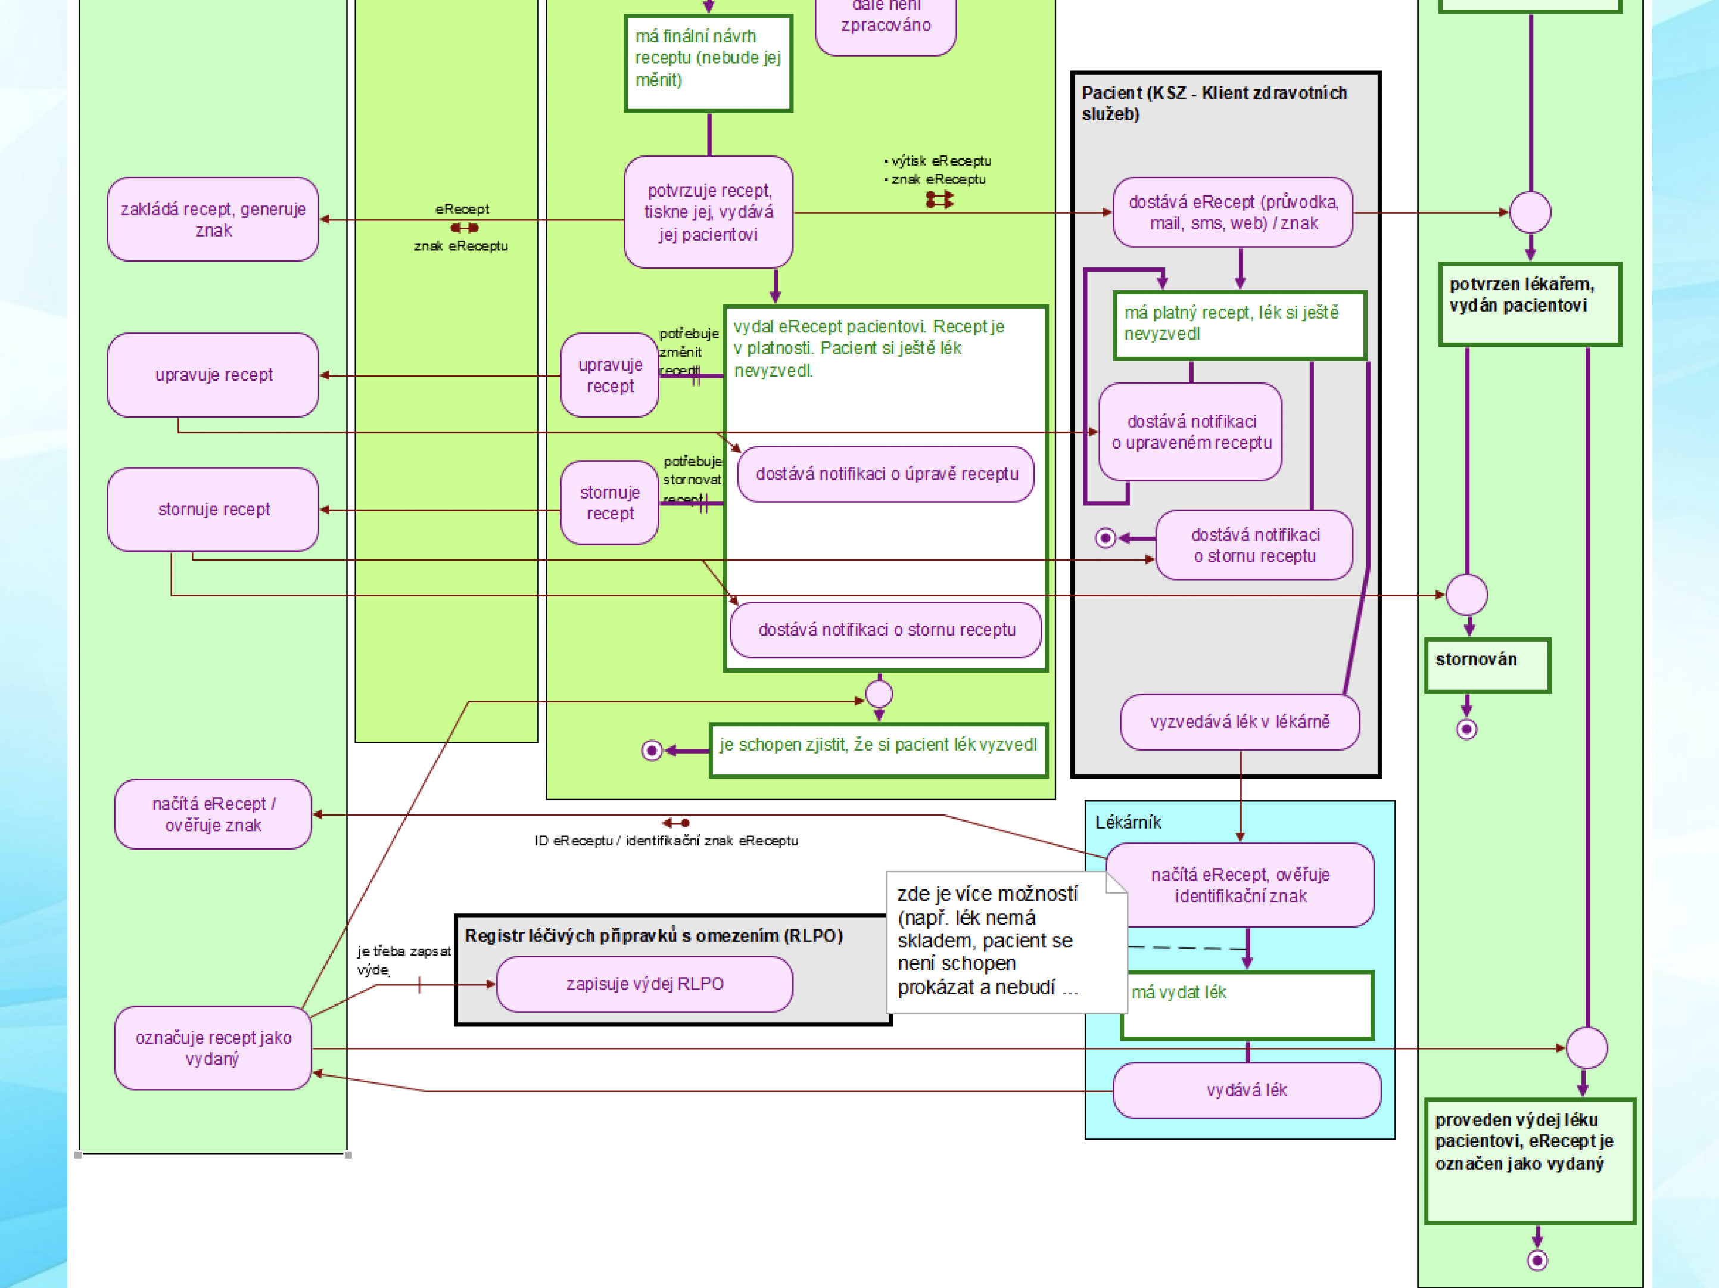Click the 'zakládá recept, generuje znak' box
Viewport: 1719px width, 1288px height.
pyautogui.click(x=213, y=219)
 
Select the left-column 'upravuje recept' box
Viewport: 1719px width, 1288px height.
pyautogui.click(x=213, y=375)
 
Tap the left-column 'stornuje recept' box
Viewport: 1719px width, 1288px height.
pyautogui.click(x=213, y=509)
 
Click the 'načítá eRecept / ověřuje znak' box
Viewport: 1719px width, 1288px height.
pyautogui.click(x=213, y=814)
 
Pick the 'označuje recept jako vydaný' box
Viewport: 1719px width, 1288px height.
pyautogui.click(x=213, y=1048)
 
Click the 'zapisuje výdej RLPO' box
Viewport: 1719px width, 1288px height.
pyautogui.click(x=644, y=984)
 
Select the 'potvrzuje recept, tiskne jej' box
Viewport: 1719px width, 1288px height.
pyautogui.click(x=708, y=212)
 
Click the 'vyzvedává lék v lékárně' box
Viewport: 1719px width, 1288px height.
pyautogui.click(x=1240, y=722)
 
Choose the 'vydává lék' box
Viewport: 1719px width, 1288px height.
pyautogui.click(x=1247, y=1090)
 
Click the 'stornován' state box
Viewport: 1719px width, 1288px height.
pyautogui.click(x=1487, y=665)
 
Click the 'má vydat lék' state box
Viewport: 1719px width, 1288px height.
pyautogui.click(x=1247, y=1004)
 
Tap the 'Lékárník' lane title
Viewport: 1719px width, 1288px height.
pyautogui.click(x=1128, y=822)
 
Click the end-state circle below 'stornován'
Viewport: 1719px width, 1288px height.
pyautogui.click(x=1466, y=729)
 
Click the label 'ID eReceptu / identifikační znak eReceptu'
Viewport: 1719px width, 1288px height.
pyautogui.click(x=666, y=840)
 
